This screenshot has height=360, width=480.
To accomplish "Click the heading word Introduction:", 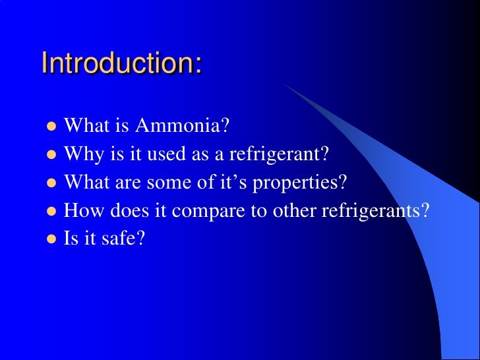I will (x=121, y=64).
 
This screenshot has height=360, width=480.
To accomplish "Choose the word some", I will (x=175, y=183).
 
